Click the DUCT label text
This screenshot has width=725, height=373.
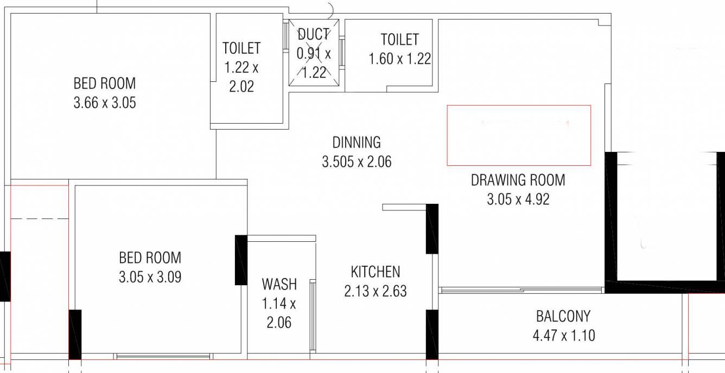(313, 34)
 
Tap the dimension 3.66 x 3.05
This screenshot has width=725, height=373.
(105, 103)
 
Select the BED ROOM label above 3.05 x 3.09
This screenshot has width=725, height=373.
(150, 258)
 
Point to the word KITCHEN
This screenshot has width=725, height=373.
(376, 272)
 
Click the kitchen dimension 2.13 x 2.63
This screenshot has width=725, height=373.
(376, 291)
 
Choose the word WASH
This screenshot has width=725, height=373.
(279, 285)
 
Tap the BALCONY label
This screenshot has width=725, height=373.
(563, 316)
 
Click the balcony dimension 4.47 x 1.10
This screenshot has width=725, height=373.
(564, 336)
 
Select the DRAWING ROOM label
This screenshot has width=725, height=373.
(518, 180)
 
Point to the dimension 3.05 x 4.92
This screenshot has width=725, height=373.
(518, 200)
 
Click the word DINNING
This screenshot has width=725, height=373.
(357, 143)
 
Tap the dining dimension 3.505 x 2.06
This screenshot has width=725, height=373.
(357, 162)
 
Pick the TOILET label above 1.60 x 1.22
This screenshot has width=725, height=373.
(400, 40)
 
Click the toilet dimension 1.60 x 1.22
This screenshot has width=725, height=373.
(400, 59)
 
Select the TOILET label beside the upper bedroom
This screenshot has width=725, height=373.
(241, 48)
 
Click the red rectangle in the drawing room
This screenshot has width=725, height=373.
(519, 105)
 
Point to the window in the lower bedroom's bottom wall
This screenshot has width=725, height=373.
(163, 357)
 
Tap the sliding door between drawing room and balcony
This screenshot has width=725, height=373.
(522, 290)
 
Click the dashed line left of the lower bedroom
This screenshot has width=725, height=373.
(40, 219)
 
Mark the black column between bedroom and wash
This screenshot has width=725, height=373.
(241, 260)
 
